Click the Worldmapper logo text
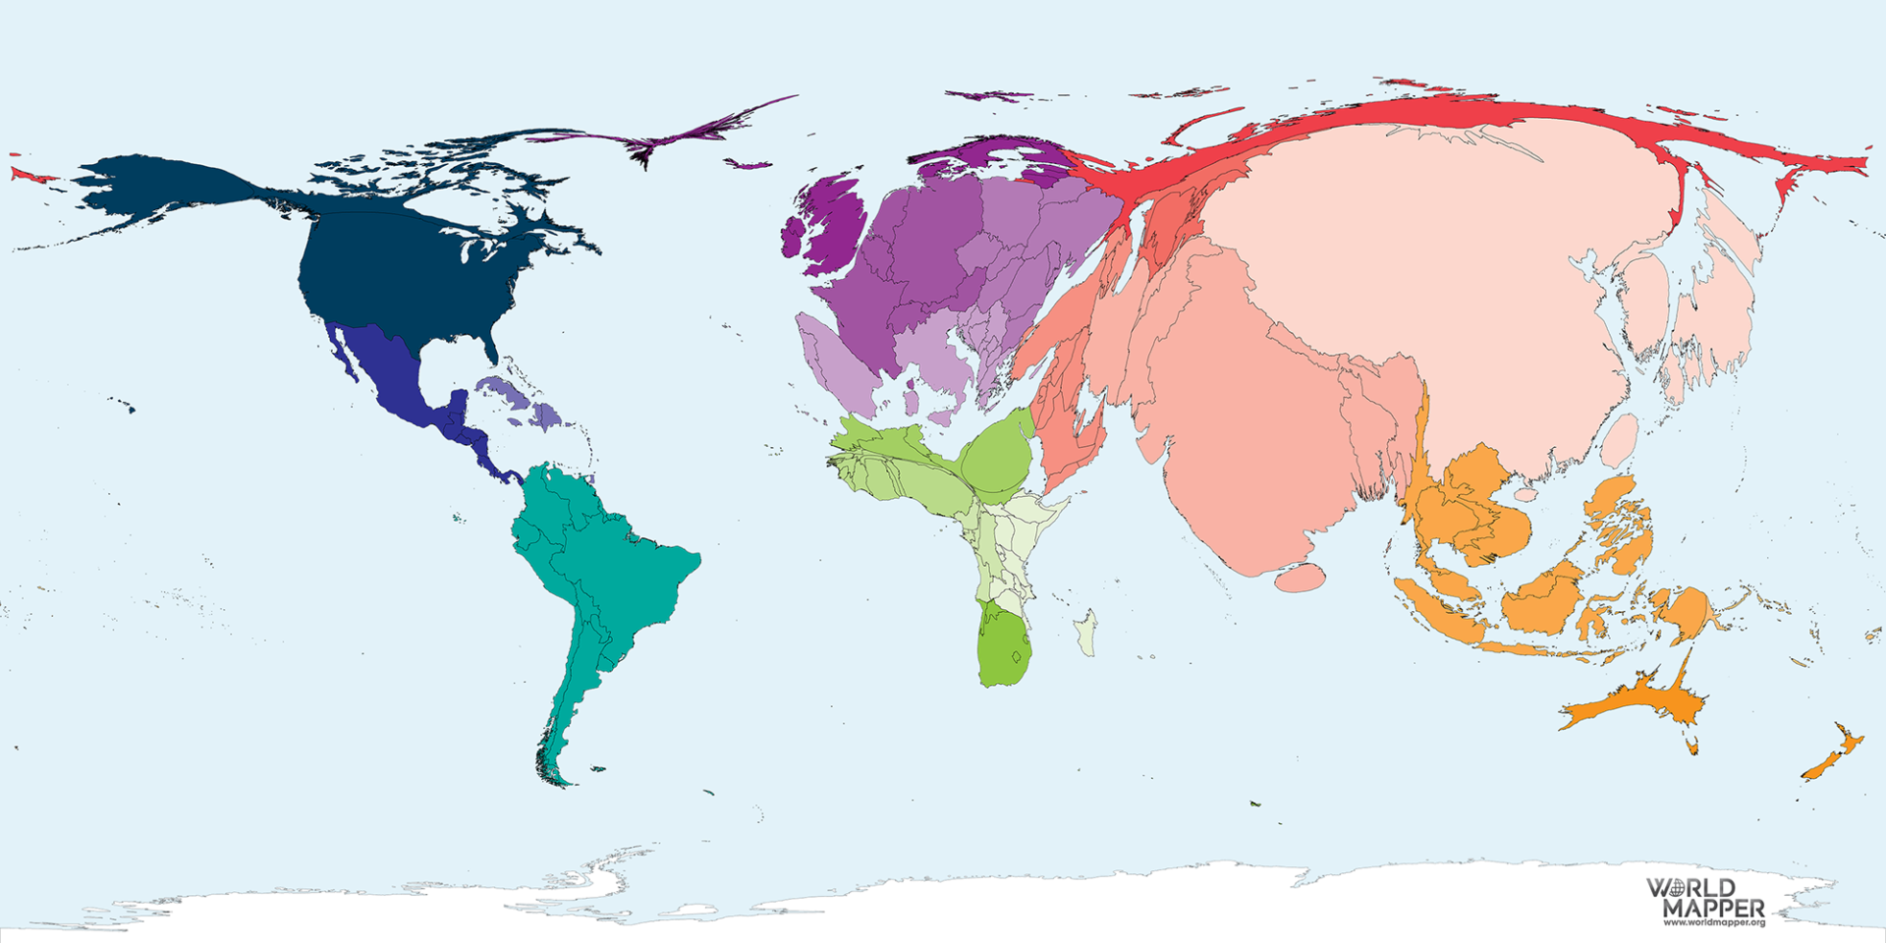[1705, 898]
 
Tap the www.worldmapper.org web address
[1714, 922]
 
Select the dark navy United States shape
[403, 275]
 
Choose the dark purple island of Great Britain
[835, 221]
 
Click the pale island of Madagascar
[1086, 632]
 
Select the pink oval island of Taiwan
[1620, 440]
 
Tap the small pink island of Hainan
[1525, 492]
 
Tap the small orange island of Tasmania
[1692, 747]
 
